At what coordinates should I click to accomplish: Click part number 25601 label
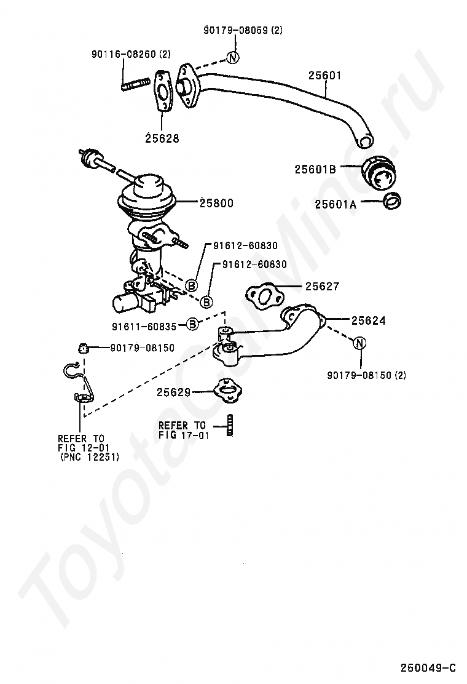(x=324, y=75)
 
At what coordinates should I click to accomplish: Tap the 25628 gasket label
(x=162, y=138)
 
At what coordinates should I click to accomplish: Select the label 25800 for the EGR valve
(x=216, y=203)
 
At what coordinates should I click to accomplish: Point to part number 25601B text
(x=315, y=169)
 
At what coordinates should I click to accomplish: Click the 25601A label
(x=336, y=204)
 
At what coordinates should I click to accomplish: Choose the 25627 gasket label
(x=322, y=286)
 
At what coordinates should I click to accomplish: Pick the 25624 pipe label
(x=369, y=320)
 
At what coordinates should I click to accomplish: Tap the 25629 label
(x=174, y=392)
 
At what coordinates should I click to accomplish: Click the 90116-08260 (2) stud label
(x=131, y=54)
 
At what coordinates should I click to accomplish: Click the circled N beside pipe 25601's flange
(x=233, y=57)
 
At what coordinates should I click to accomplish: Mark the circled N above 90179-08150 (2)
(x=360, y=343)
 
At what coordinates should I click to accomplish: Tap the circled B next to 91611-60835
(x=192, y=324)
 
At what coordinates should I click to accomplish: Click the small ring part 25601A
(x=392, y=201)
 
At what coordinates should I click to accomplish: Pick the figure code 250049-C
(x=428, y=667)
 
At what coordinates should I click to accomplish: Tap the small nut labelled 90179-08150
(x=83, y=348)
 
